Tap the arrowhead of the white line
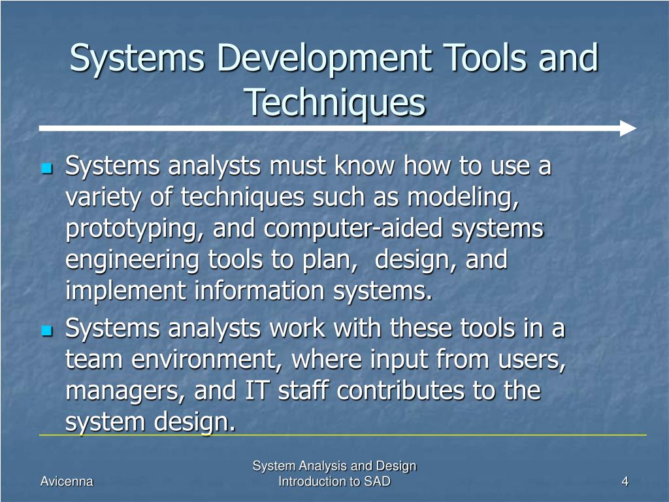click(x=628, y=128)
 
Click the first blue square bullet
click(x=46, y=169)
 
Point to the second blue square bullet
click(x=46, y=331)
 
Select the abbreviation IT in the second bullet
click(x=256, y=390)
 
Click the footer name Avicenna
click(x=67, y=482)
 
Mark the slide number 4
click(x=625, y=482)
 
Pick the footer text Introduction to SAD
click(x=334, y=482)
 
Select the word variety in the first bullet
click(x=103, y=197)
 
